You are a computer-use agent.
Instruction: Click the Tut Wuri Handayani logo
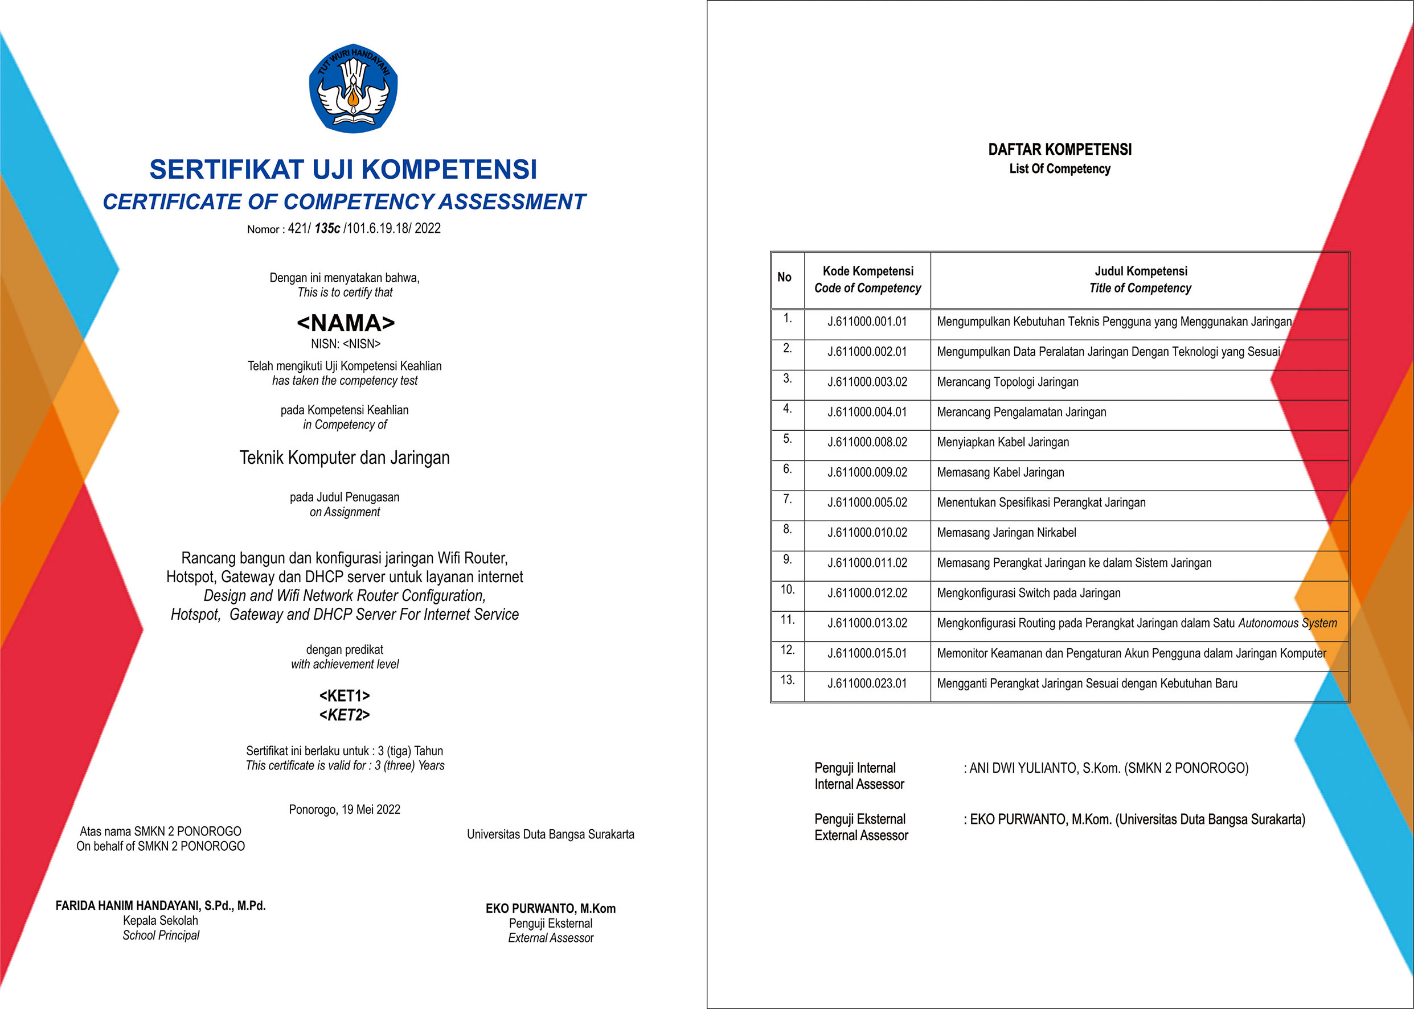point(353,88)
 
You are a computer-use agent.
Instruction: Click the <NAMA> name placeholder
point(346,323)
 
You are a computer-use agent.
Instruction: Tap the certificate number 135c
point(327,229)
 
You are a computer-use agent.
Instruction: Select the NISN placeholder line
point(346,344)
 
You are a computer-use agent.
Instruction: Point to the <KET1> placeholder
point(345,696)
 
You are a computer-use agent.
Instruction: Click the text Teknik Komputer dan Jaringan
point(345,458)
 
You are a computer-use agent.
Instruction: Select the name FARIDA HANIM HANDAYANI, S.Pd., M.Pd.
point(161,906)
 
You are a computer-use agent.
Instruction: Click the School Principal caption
point(161,936)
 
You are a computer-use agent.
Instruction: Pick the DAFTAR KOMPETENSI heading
point(1060,150)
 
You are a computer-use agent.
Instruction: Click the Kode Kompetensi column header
point(868,271)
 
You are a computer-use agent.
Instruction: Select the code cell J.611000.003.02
point(867,382)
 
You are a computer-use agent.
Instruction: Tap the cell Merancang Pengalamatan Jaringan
point(1021,413)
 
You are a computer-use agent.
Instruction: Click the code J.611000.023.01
point(867,683)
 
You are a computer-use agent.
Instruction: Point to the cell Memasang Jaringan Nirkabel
point(1006,533)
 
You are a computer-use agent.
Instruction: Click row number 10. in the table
point(788,590)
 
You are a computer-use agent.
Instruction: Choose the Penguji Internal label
point(855,768)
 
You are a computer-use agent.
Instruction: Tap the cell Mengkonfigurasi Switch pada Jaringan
point(1028,594)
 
